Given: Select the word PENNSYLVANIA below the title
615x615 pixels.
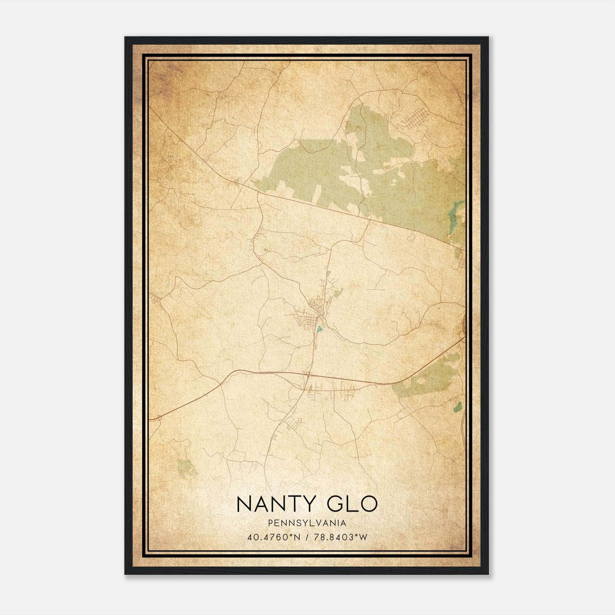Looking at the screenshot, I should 307,523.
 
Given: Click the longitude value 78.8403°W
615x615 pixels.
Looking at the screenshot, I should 341,537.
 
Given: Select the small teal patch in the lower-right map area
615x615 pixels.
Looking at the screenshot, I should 457,407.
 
